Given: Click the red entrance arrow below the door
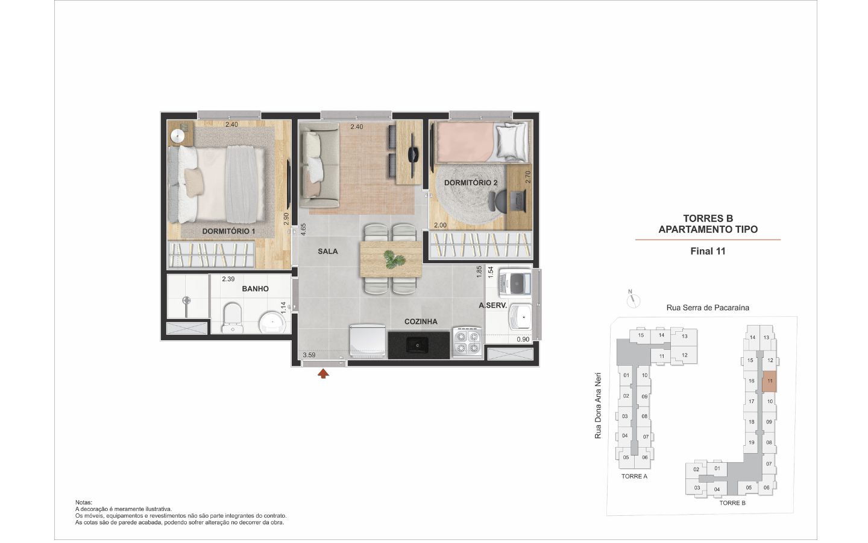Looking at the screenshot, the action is pos(323,374).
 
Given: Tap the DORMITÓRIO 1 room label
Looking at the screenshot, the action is pos(228,232).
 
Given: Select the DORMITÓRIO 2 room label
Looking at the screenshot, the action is pos(471,183).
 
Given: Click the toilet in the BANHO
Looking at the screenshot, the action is pos(233,318).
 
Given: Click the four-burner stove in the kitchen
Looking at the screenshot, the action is pos(467,341).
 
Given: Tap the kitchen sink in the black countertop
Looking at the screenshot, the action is pos(417,345).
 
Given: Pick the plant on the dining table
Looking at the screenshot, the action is pos(394,259).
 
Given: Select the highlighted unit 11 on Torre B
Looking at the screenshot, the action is pos(769,382).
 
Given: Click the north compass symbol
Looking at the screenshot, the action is pos(633,300).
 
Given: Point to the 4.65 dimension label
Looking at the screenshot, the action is pos(303,229).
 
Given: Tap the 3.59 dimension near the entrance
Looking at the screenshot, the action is pos(309,355).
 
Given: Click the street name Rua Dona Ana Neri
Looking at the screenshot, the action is pos(598,405).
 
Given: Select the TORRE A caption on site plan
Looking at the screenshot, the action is pos(634,476).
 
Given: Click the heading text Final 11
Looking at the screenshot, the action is pos(708,252).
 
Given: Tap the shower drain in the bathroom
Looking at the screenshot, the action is pos(187,300).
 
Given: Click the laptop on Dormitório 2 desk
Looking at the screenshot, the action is pos(517,201).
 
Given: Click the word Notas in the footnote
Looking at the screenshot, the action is pos(84,503).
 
